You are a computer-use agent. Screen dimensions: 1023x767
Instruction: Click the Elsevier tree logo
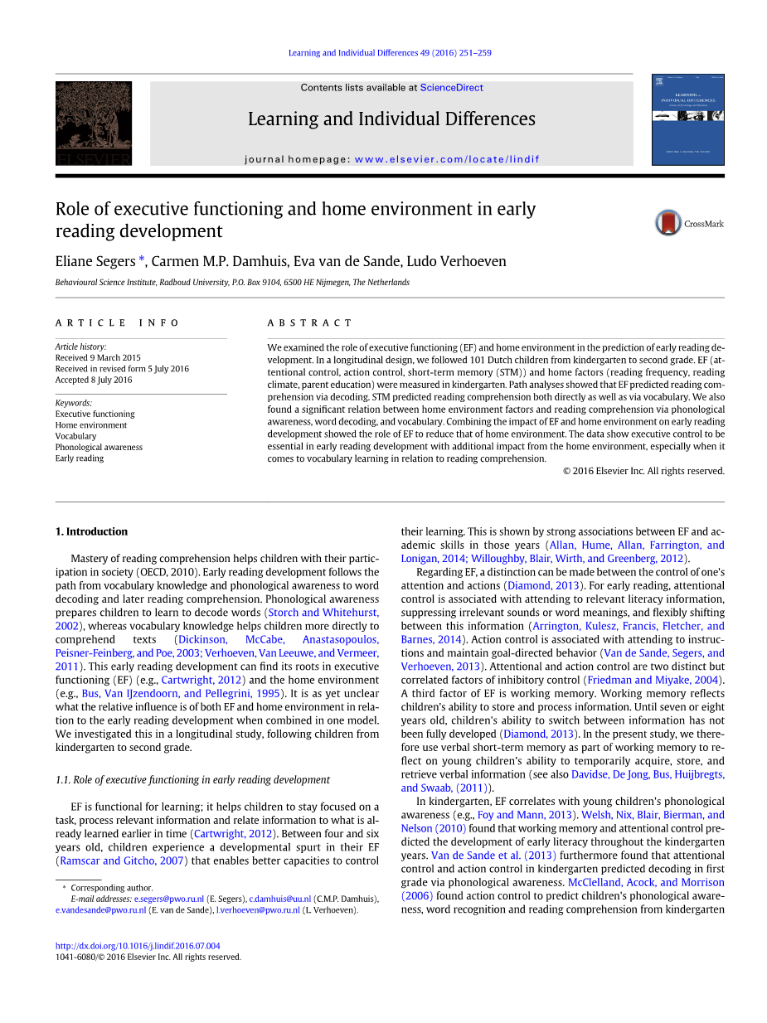coord(93,123)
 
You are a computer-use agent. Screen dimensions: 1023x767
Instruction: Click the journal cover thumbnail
coord(687,119)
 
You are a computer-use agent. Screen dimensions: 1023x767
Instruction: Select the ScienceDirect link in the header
coord(451,88)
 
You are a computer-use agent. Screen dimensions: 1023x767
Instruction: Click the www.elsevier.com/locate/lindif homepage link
coord(447,159)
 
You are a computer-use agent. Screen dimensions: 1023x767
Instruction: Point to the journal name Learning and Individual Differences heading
coord(391,119)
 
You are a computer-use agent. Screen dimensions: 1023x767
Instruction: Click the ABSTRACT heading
coord(309,322)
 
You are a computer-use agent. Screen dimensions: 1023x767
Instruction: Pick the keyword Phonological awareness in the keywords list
coord(99,448)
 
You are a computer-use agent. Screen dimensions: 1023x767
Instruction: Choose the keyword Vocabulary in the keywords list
coord(75,436)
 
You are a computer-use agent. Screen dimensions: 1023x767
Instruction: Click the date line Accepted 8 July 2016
coord(94,381)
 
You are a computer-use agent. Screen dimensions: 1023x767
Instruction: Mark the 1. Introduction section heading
coord(91,532)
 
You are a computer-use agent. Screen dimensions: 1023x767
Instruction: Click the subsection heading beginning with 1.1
coord(192,780)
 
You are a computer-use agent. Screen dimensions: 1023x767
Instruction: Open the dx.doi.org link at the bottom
coord(138,946)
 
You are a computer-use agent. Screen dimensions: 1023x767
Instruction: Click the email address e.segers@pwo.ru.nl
coord(169,899)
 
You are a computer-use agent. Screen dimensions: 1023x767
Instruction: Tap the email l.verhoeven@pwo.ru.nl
coord(258,910)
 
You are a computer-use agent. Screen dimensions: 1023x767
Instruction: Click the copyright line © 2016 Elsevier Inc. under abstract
coord(643,471)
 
